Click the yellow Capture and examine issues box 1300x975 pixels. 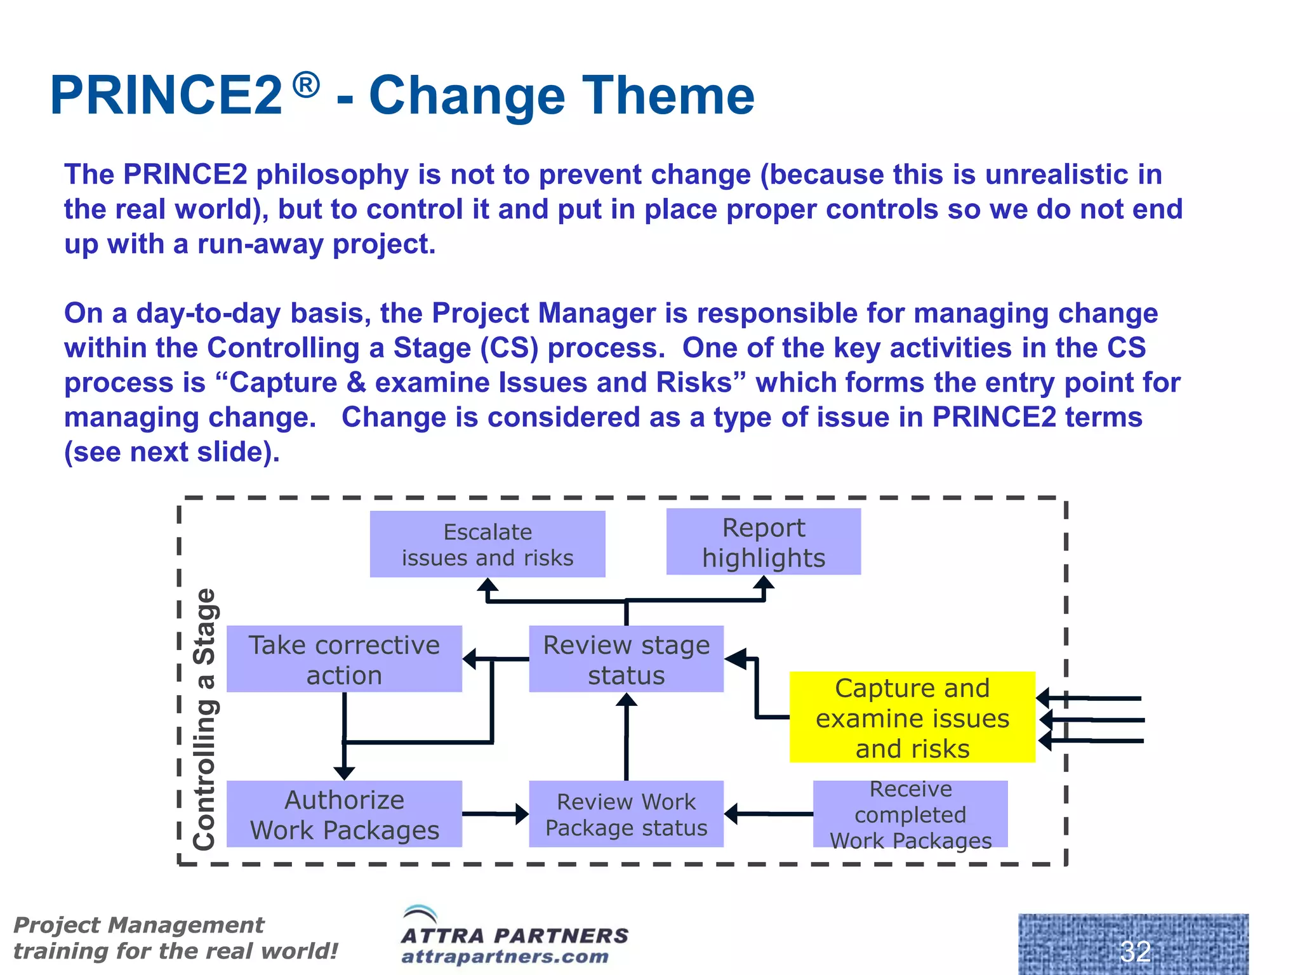coord(912,717)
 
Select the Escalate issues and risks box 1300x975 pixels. coord(487,544)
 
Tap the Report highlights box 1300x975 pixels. coord(764,542)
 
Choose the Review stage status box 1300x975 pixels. coord(627,659)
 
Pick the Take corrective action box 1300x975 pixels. coord(344,659)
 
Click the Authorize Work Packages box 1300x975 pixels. coord(344,814)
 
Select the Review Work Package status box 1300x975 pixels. coord(627,814)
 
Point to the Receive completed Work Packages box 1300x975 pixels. coord(910,814)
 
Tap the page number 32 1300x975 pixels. coord(1135,951)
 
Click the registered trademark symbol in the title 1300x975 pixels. coord(307,85)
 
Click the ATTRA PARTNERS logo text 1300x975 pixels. coord(515,935)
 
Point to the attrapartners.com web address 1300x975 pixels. coord(505,956)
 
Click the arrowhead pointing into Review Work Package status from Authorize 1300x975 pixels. coord(522,814)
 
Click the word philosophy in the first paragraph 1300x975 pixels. coord(333,175)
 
